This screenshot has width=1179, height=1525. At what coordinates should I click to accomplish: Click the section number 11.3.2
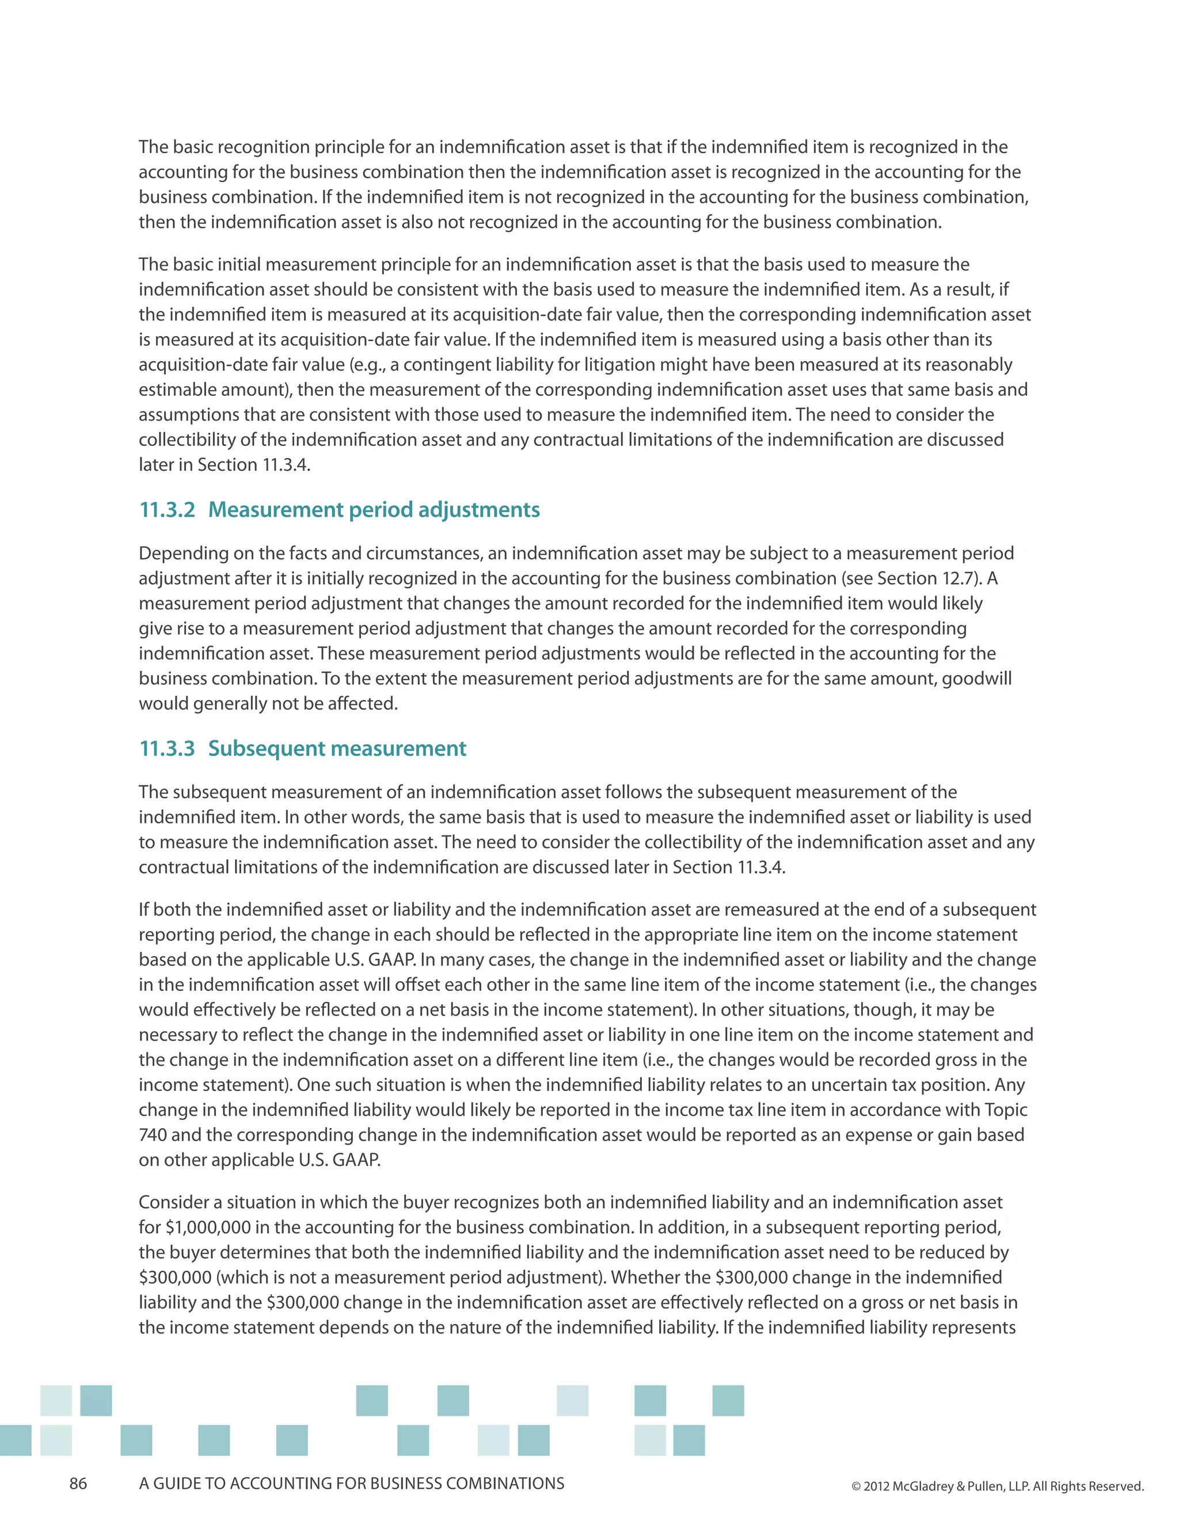[x=167, y=510]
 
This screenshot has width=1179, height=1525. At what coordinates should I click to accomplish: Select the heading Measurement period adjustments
[x=374, y=510]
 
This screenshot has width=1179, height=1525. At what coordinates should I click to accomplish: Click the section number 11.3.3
[x=167, y=749]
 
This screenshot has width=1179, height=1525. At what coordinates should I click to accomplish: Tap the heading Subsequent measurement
[x=337, y=749]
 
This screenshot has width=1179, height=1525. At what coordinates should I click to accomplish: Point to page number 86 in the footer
[x=78, y=1484]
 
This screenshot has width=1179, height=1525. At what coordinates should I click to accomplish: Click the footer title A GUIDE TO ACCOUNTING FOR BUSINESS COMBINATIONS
[x=351, y=1484]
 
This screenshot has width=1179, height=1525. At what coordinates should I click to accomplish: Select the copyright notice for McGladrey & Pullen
[x=998, y=1486]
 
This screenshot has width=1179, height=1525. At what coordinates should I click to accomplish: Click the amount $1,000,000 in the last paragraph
[x=197, y=1227]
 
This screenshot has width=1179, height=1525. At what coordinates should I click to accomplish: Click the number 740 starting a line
[x=152, y=1135]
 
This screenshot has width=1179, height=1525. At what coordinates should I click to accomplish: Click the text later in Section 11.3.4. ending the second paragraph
[x=224, y=465]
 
